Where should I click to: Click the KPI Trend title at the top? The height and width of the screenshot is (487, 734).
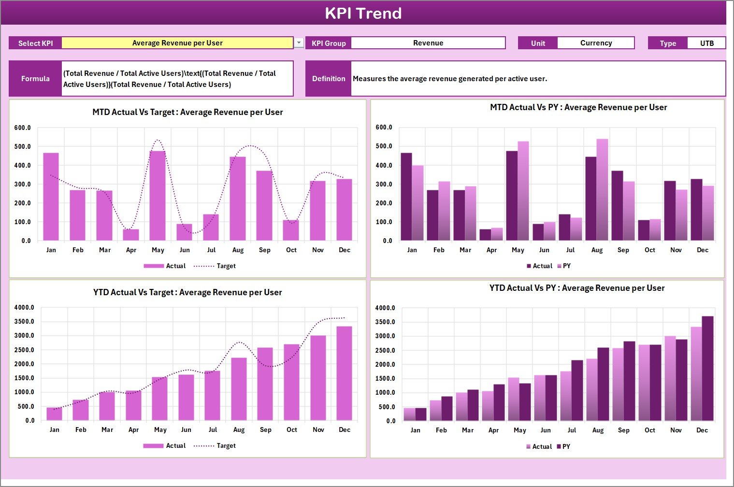tap(363, 13)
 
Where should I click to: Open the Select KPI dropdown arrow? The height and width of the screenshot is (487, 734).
tap(299, 43)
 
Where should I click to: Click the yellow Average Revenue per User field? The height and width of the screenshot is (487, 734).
tap(177, 43)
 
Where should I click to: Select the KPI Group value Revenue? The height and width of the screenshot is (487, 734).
tap(428, 43)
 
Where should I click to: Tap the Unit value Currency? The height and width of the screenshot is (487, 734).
tap(595, 43)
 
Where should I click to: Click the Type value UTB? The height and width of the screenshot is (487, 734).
tap(706, 43)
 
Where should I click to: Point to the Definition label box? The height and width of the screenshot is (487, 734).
tap(329, 79)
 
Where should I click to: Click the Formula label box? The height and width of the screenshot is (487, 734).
tap(35, 79)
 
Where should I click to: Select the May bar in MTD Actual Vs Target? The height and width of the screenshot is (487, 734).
tap(158, 196)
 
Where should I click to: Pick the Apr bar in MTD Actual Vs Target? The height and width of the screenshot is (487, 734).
tap(131, 235)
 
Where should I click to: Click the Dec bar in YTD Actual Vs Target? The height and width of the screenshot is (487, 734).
tap(345, 373)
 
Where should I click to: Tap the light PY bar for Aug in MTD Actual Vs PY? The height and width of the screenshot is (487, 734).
tap(602, 190)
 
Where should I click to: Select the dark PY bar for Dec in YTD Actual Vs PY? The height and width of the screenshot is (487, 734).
tap(707, 368)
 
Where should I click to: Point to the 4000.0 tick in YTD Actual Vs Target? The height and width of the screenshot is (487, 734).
tap(24, 307)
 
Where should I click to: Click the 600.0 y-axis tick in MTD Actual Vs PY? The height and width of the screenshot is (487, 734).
tap(384, 128)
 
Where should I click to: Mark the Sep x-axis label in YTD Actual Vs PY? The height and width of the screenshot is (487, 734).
tap(623, 430)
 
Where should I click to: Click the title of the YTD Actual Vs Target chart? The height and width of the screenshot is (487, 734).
tap(187, 292)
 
